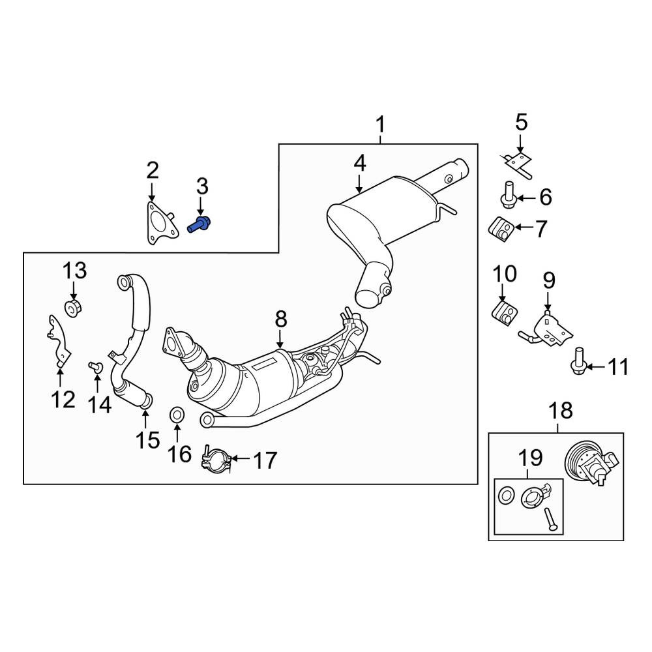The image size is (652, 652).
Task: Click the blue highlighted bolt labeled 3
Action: [x=199, y=226]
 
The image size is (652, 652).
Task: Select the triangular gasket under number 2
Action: [x=158, y=226]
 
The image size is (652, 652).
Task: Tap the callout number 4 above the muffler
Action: [x=360, y=164]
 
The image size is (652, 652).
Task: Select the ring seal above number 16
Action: [x=177, y=413]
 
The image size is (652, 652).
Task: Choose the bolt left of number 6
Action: [x=509, y=194]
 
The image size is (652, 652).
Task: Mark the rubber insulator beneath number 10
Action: [x=503, y=311]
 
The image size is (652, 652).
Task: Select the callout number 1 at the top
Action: [x=380, y=124]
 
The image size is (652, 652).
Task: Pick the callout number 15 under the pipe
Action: [x=147, y=439]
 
